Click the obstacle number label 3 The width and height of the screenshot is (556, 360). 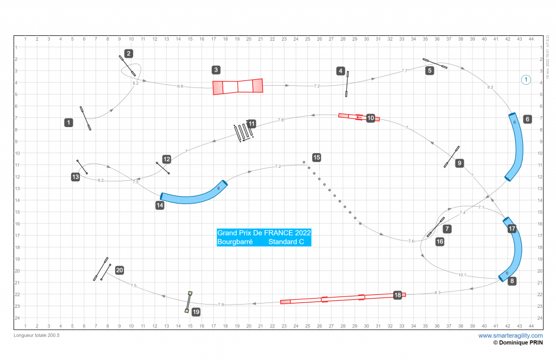(216, 70)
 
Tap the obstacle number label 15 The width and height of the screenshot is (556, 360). (317, 157)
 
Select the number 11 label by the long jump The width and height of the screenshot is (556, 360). (251, 124)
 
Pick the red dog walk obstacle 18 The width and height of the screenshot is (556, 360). (342, 298)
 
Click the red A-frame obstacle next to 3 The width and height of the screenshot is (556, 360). (237, 86)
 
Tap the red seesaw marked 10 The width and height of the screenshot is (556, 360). (358, 117)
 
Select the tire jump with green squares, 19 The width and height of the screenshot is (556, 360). (188, 302)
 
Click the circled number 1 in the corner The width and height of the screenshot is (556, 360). (526, 80)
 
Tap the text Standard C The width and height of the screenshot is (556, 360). (286, 242)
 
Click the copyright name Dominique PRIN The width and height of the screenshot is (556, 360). (522, 343)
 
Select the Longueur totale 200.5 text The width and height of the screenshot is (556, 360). (36, 336)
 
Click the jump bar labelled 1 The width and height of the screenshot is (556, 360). (85, 118)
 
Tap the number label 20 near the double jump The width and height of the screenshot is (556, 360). (119, 270)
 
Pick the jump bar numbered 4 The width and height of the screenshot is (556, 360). (346, 84)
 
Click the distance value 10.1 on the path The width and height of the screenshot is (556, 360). (462, 275)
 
